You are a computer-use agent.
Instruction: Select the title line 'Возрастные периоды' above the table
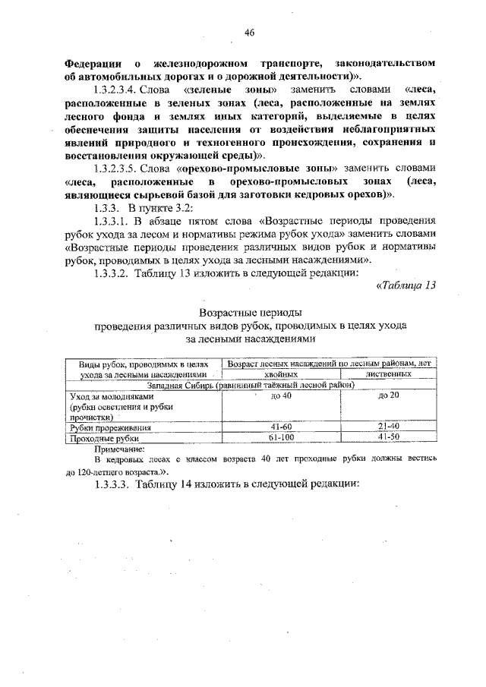pyautogui.click(x=251, y=313)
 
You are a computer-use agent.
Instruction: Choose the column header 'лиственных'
pyautogui.click(x=388, y=374)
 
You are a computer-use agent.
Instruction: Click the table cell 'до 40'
pyautogui.click(x=280, y=396)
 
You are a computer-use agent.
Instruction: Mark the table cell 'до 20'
pyautogui.click(x=388, y=396)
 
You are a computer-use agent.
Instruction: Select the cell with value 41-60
pyautogui.click(x=280, y=428)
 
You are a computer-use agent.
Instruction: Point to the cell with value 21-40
pyautogui.click(x=388, y=428)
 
